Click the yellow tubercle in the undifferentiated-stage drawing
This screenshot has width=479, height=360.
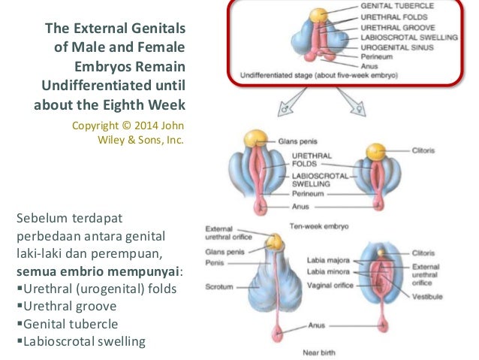coord(318,14)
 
